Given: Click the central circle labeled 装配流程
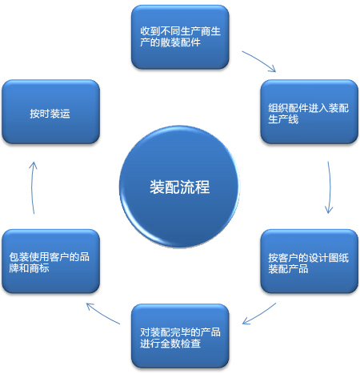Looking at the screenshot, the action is (x=179, y=187).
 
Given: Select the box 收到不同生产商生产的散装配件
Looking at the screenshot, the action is (x=180, y=37).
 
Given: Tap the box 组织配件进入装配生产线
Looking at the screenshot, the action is (x=309, y=111).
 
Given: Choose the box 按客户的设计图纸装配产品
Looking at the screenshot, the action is (x=309, y=261).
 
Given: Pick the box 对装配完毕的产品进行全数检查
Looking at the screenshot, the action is (x=180, y=336).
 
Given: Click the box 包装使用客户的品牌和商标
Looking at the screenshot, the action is (x=50, y=261).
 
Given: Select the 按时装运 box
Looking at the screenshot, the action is (x=50, y=111).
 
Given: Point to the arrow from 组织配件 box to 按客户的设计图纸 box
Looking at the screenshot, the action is (x=330, y=187).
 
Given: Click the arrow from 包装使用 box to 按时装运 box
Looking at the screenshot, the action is (x=32, y=187).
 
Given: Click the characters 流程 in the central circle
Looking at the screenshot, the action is (x=194, y=187).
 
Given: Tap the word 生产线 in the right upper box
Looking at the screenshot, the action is (x=283, y=119).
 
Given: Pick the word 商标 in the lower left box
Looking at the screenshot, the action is (x=39, y=268).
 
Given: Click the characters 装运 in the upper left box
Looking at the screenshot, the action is (x=60, y=114).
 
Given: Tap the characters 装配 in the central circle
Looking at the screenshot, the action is (x=165, y=187).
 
